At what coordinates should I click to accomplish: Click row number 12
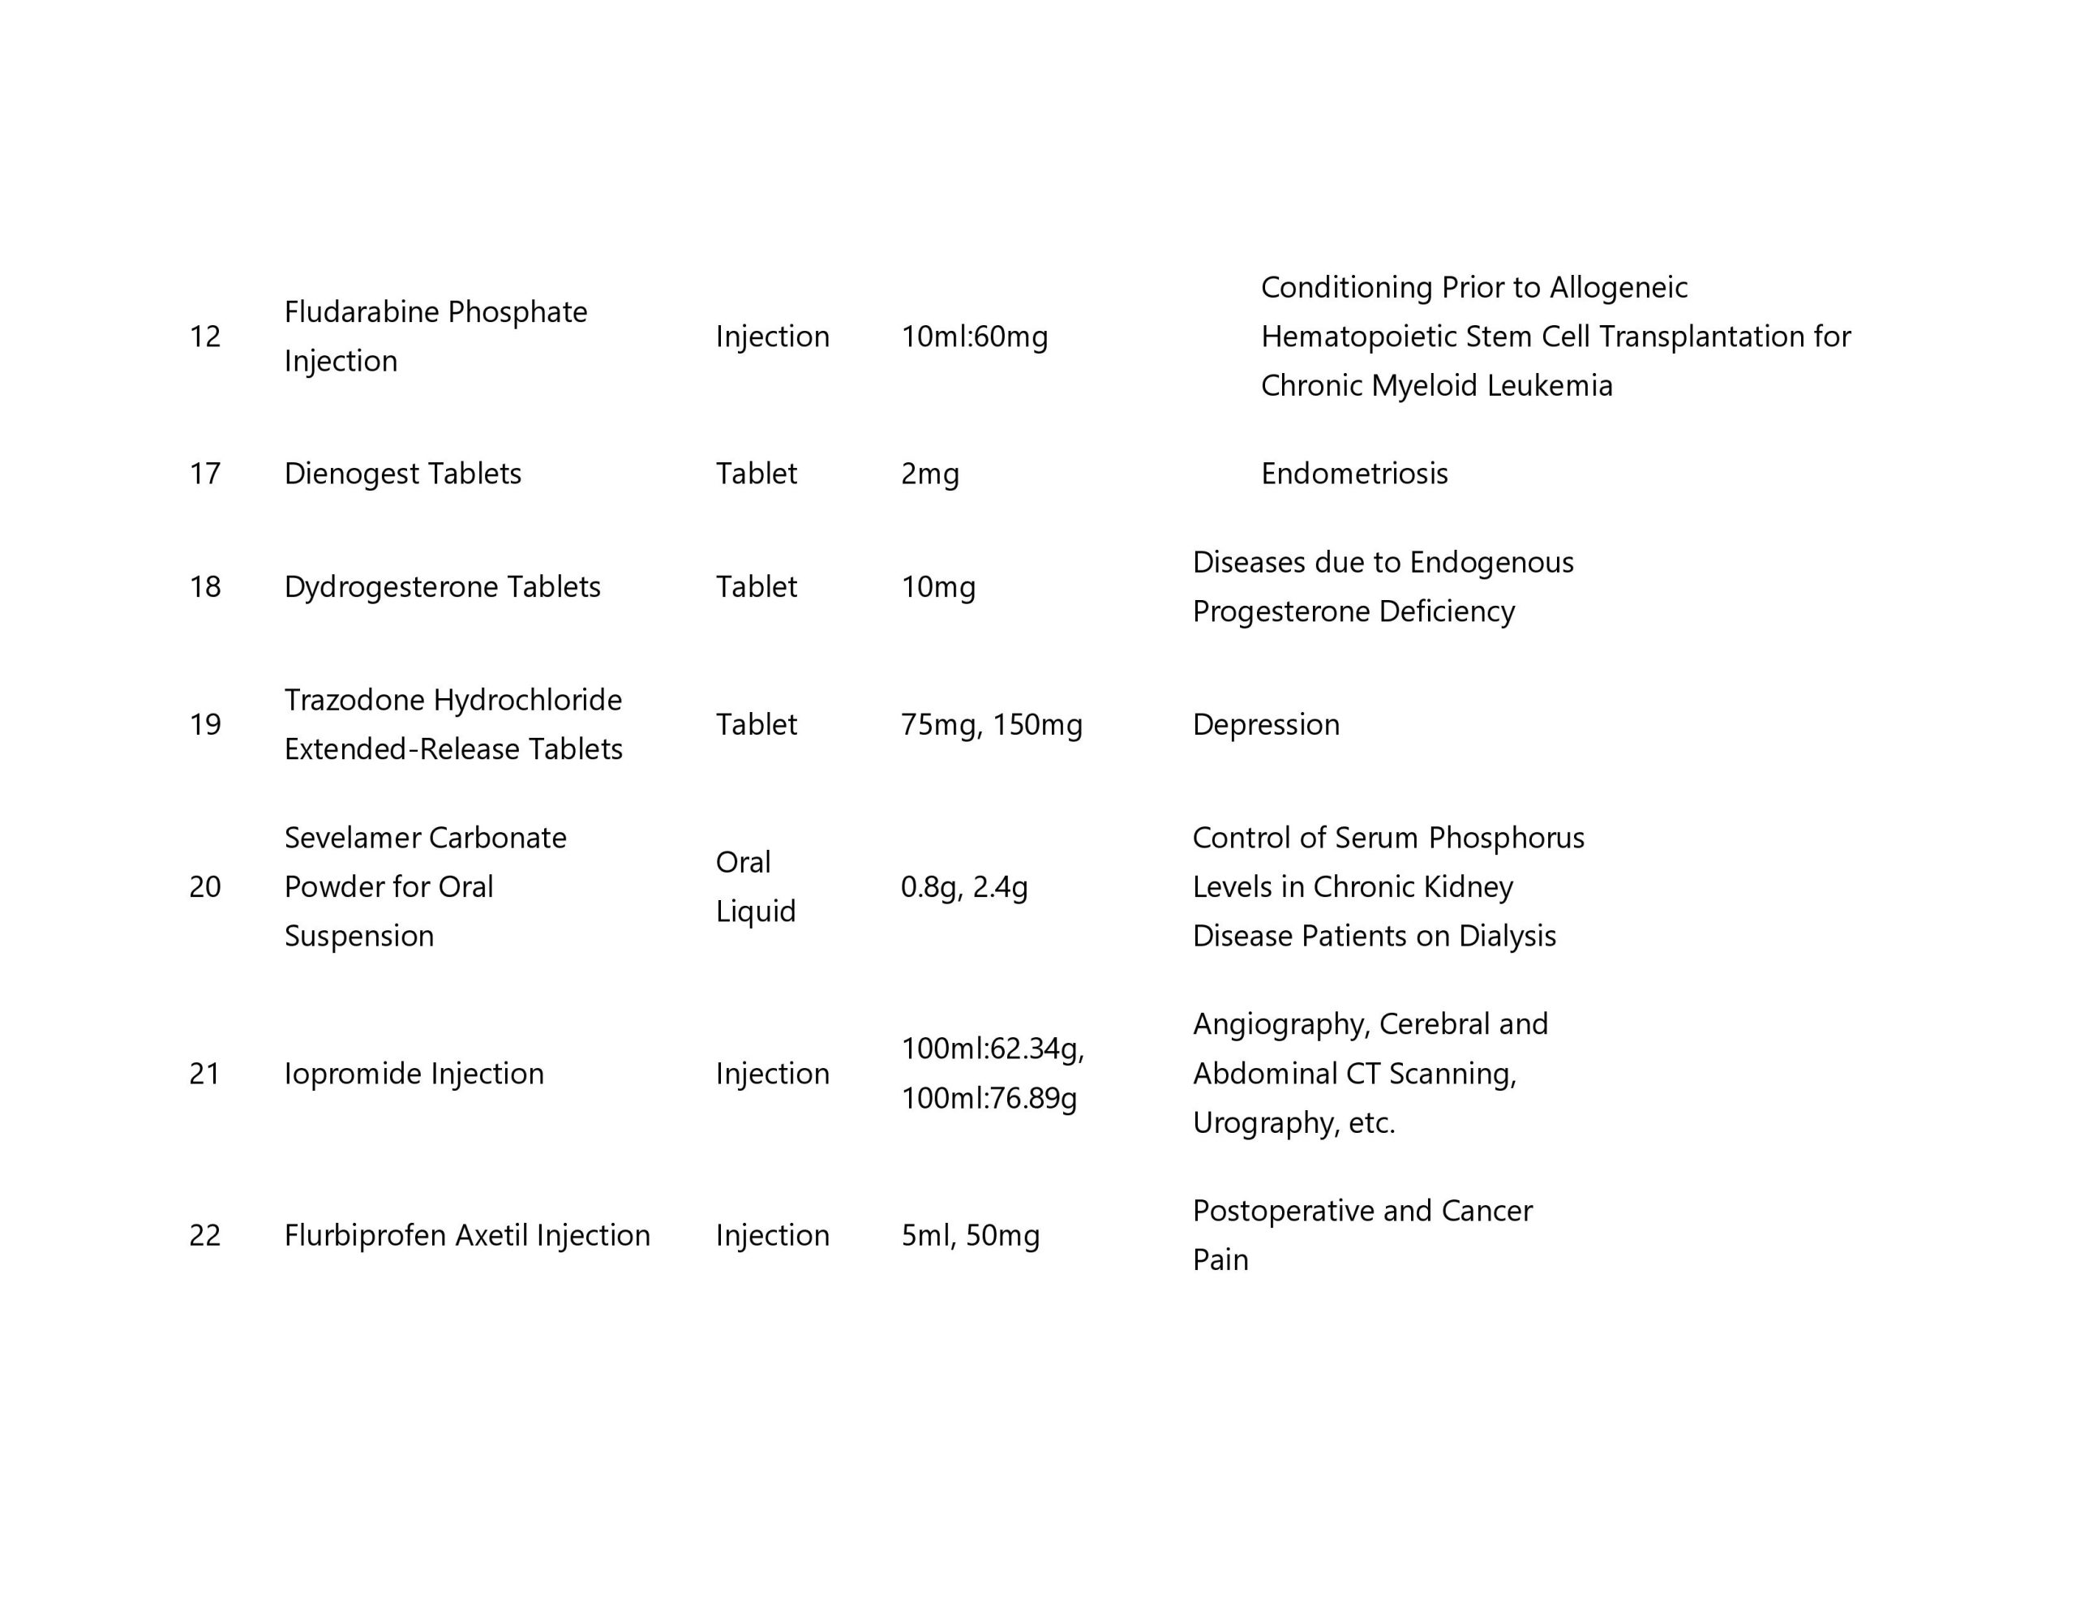[204, 337]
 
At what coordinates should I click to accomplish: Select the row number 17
[204, 474]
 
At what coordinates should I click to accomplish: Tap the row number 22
[204, 1235]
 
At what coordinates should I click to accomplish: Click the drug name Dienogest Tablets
[402, 474]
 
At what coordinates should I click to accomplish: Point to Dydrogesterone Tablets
[442, 586]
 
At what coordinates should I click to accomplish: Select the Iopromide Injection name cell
[414, 1074]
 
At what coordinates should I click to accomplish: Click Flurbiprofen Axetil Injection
[467, 1235]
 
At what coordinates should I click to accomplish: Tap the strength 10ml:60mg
[974, 337]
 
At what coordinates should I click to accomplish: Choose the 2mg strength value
[929, 474]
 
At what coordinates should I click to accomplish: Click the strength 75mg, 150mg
[992, 724]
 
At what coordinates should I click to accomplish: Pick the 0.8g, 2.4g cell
[964, 887]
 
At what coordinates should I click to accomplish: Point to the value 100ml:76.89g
[989, 1098]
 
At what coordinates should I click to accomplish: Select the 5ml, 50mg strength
[970, 1235]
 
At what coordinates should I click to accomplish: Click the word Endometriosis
[1353, 474]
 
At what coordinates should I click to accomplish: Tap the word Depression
[1265, 724]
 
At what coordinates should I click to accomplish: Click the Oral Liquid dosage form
[755, 886]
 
